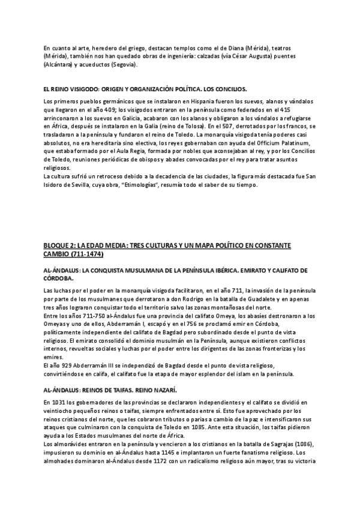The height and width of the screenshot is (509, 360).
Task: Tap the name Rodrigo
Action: (x=182, y=299)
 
